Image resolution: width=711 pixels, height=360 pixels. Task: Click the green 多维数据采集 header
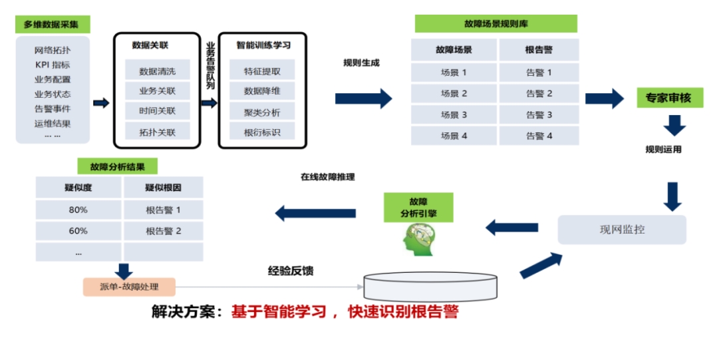pyautogui.click(x=51, y=25)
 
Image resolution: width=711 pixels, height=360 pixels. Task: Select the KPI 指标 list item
pyautogui.click(x=53, y=65)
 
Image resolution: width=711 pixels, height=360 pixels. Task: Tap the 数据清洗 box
pyautogui.click(x=157, y=71)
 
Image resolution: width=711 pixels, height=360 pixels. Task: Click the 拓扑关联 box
pyautogui.click(x=157, y=132)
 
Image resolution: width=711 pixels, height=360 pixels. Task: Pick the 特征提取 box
pyautogui.click(x=262, y=71)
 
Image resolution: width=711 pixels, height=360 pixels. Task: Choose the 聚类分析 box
pyautogui.click(x=262, y=112)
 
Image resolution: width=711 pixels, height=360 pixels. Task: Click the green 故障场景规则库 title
pyautogui.click(x=496, y=24)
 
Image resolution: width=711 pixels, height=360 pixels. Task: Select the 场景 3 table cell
pyautogui.click(x=454, y=114)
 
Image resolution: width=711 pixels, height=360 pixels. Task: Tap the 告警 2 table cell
pyautogui.click(x=539, y=93)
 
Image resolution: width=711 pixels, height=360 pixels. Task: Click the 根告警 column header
pyautogui.click(x=539, y=50)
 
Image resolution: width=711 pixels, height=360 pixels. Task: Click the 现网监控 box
pyautogui.click(x=622, y=230)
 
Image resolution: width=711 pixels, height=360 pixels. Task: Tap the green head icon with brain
pyautogui.click(x=419, y=238)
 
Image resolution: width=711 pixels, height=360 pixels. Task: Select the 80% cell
pyautogui.click(x=78, y=210)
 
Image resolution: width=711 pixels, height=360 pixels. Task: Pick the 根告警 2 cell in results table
pyautogui.click(x=164, y=231)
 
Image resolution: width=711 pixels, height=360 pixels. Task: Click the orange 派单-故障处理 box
pyautogui.click(x=129, y=287)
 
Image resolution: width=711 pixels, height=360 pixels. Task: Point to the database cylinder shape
pyautogui.click(x=430, y=285)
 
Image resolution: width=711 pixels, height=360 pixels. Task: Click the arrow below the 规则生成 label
pyautogui.click(x=363, y=98)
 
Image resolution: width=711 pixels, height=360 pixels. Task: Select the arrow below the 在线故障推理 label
pyautogui.click(x=315, y=214)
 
